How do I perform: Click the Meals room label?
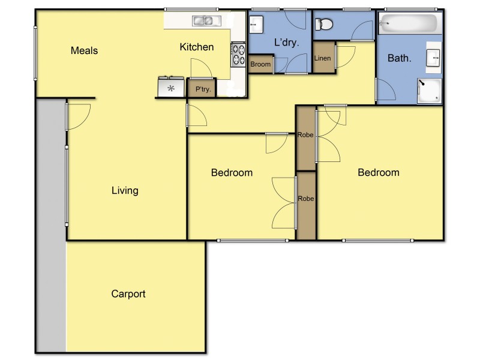(84, 50)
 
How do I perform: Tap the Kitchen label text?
(197, 47)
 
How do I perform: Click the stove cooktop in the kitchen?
(238, 54)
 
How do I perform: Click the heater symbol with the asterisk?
(171, 88)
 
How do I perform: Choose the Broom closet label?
(260, 64)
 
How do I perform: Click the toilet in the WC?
(324, 25)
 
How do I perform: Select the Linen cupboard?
(322, 58)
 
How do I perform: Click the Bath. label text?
(400, 59)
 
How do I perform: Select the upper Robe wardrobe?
(305, 136)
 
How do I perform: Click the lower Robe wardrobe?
(306, 199)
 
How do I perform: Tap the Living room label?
(125, 191)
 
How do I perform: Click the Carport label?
(128, 294)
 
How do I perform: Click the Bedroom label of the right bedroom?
(379, 173)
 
